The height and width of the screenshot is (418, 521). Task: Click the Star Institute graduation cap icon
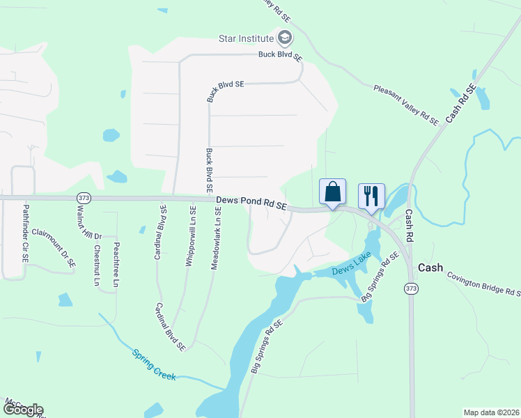284,37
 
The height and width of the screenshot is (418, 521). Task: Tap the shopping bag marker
332,192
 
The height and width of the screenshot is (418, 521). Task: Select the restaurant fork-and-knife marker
371,195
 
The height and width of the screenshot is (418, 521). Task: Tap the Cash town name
430,268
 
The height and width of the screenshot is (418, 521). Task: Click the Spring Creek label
155,364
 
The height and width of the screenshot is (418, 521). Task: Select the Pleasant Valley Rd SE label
406,105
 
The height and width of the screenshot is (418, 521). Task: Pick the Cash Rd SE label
460,104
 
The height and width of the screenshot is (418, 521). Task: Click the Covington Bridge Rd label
483,284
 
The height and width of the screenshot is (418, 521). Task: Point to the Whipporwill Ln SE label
189,234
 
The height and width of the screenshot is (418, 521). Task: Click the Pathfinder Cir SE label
26,233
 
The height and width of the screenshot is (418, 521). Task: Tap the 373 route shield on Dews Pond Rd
84,197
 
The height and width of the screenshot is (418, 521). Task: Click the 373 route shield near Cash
412,288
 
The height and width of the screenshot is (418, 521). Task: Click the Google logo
23,410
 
